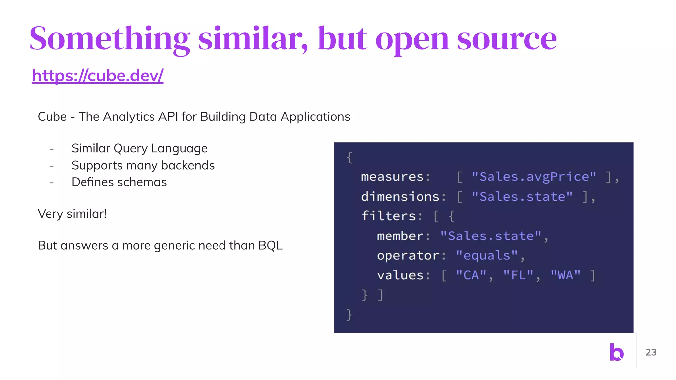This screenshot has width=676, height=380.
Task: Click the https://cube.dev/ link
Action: pyautogui.click(x=97, y=76)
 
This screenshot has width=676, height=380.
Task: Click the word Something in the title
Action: pyautogui.click(x=110, y=39)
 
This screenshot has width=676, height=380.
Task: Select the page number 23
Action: pyautogui.click(x=651, y=352)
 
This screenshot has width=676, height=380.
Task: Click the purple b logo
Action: pyautogui.click(x=616, y=352)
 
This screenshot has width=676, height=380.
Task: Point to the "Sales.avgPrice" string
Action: pyautogui.click(x=534, y=177)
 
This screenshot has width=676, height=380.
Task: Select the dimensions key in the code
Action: pyautogui.click(x=400, y=197)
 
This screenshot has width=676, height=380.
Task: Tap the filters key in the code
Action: pyautogui.click(x=389, y=216)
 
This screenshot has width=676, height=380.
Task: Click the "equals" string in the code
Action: pyautogui.click(x=487, y=256)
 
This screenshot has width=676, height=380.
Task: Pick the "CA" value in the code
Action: pyautogui.click(x=471, y=275)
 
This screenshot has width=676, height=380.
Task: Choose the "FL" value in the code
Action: pyautogui.click(x=518, y=275)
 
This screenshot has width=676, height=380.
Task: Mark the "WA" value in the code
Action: pyautogui.click(x=565, y=275)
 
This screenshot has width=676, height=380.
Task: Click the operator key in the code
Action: pyautogui.click(x=408, y=256)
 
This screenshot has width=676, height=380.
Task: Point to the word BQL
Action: pyautogui.click(x=270, y=246)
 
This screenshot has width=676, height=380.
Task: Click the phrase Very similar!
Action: pyautogui.click(x=72, y=214)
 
